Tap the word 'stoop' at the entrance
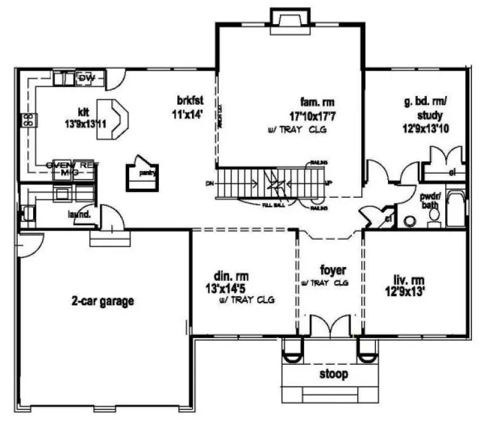coord(334,374)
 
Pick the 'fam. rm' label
coord(317,102)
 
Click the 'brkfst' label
coord(190,102)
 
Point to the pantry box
coord(142,172)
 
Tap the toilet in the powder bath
coord(434,218)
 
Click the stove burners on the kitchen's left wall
coord(28,119)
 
